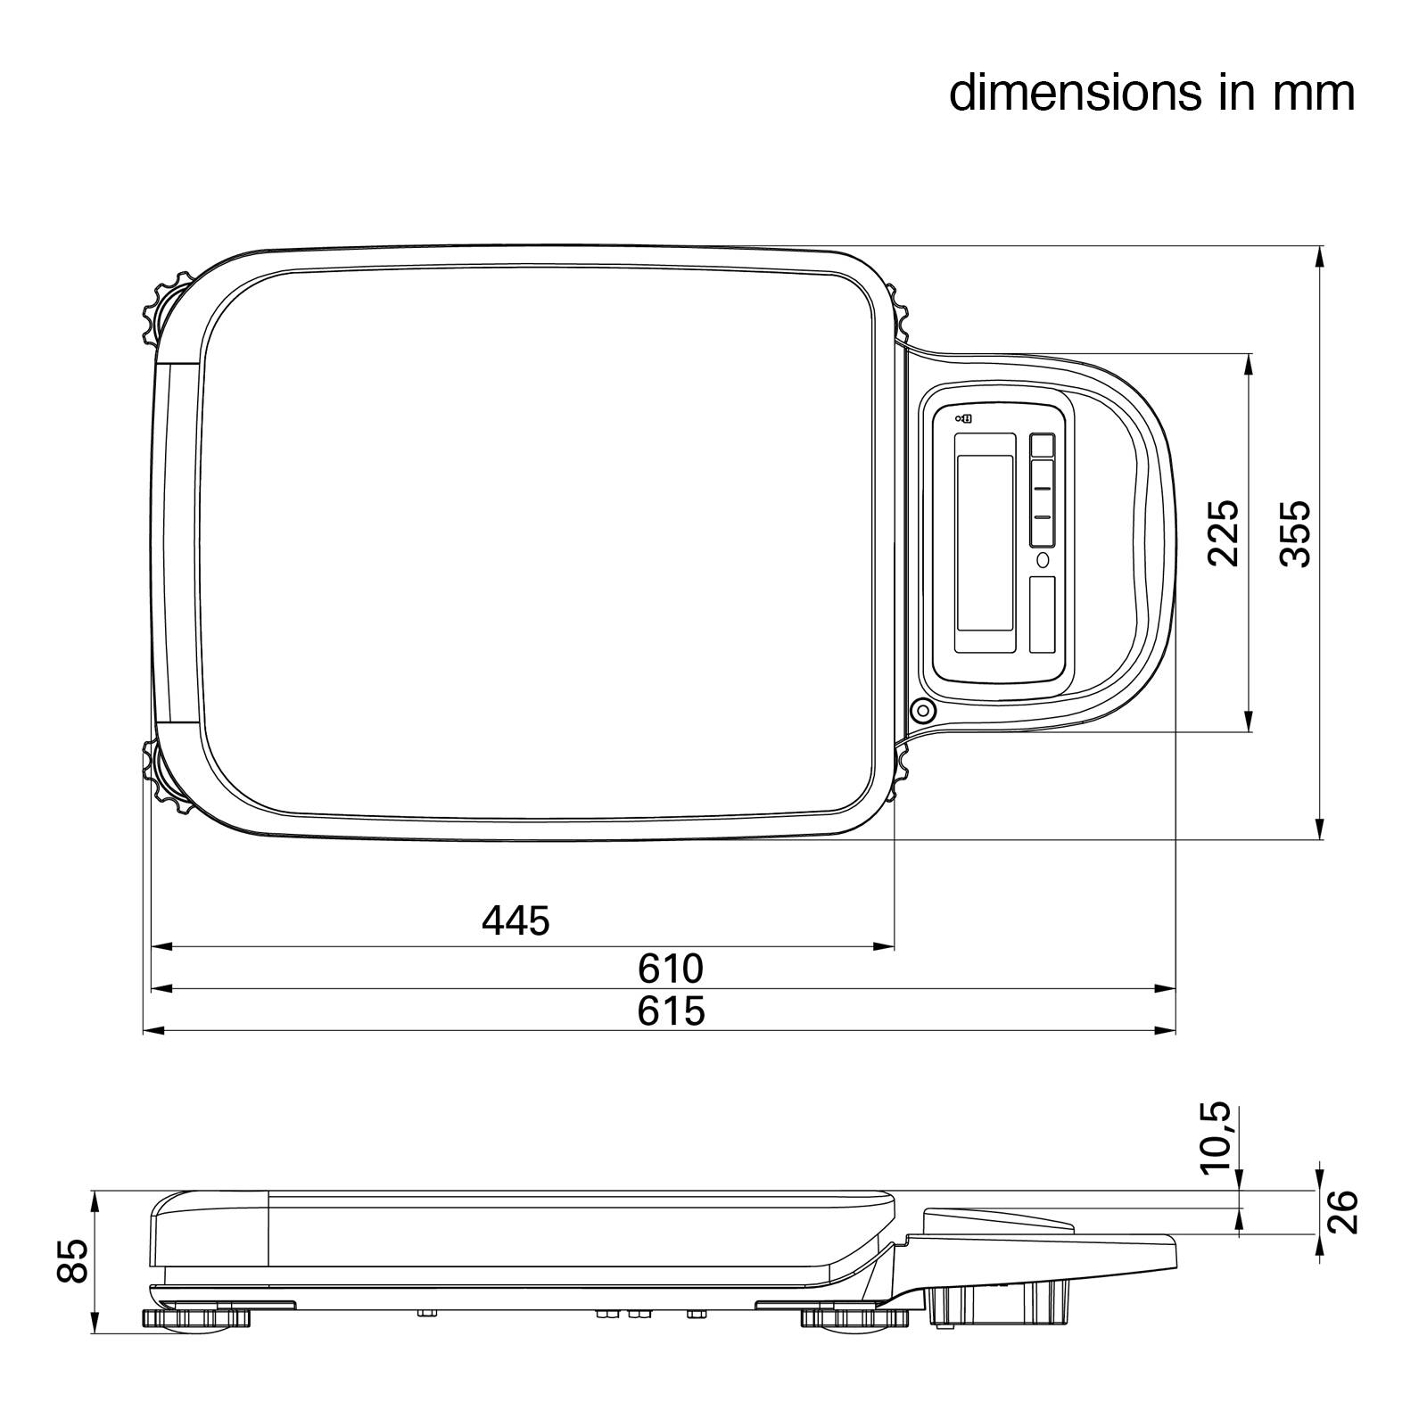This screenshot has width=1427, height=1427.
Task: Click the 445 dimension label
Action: (x=516, y=920)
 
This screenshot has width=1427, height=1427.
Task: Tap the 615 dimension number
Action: (x=671, y=1011)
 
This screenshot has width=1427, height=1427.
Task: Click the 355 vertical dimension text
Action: (x=1295, y=532)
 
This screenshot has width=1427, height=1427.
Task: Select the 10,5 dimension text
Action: (x=1214, y=1138)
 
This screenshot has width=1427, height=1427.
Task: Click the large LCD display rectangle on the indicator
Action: (x=985, y=542)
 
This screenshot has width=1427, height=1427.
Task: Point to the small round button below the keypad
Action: (x=1043, y=560)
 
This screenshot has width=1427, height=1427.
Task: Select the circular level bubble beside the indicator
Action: (x=922, y=711)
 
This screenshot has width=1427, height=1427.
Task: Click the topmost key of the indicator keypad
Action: (x=1042, y=445)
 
